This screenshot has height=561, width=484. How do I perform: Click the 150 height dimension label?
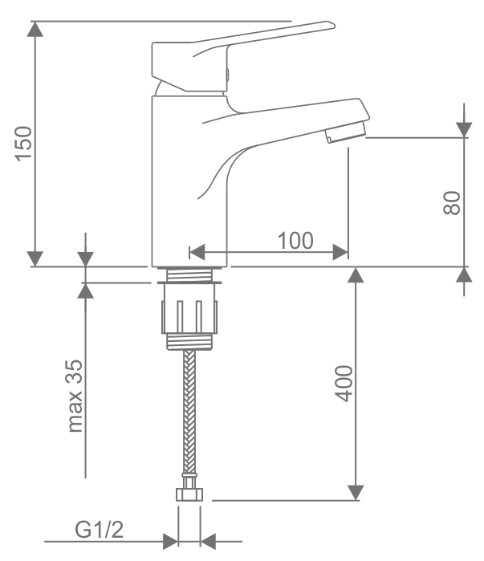(x=23, y=144)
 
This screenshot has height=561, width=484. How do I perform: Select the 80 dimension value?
(x=452, y=203)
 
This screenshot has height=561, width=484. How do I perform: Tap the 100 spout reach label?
(x=295, y=241)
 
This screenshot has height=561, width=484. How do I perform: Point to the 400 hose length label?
(x=344, y=384)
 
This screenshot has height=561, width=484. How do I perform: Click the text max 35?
(x=75, y=396)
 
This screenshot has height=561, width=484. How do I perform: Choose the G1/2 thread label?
(x=99, y=530)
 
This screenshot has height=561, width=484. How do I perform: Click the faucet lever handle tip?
(x=331, y=25)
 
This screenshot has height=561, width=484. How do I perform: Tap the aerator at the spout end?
(x=345, y=132)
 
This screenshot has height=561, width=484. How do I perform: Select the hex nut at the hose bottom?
(x=189, y=495)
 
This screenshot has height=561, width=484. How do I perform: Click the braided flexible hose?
(x=189, y=412)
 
